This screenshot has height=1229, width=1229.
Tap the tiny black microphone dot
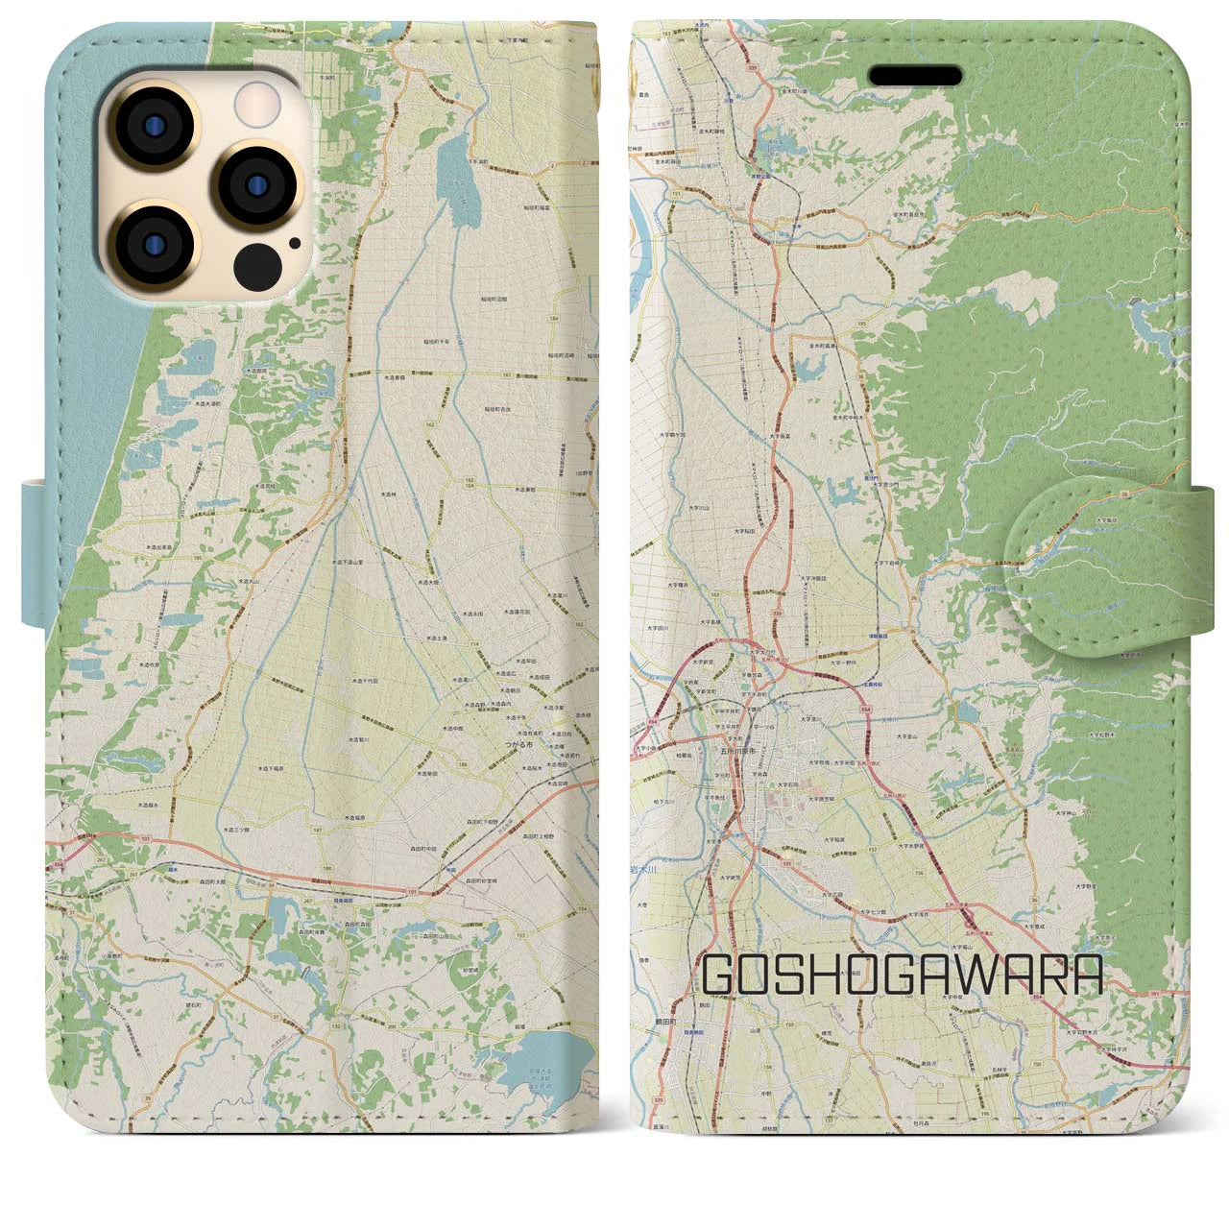click(x=294, y=243)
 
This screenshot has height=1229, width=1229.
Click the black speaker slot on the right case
click(x=915, y=76)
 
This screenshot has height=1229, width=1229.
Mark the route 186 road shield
click(x=464, y=764)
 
